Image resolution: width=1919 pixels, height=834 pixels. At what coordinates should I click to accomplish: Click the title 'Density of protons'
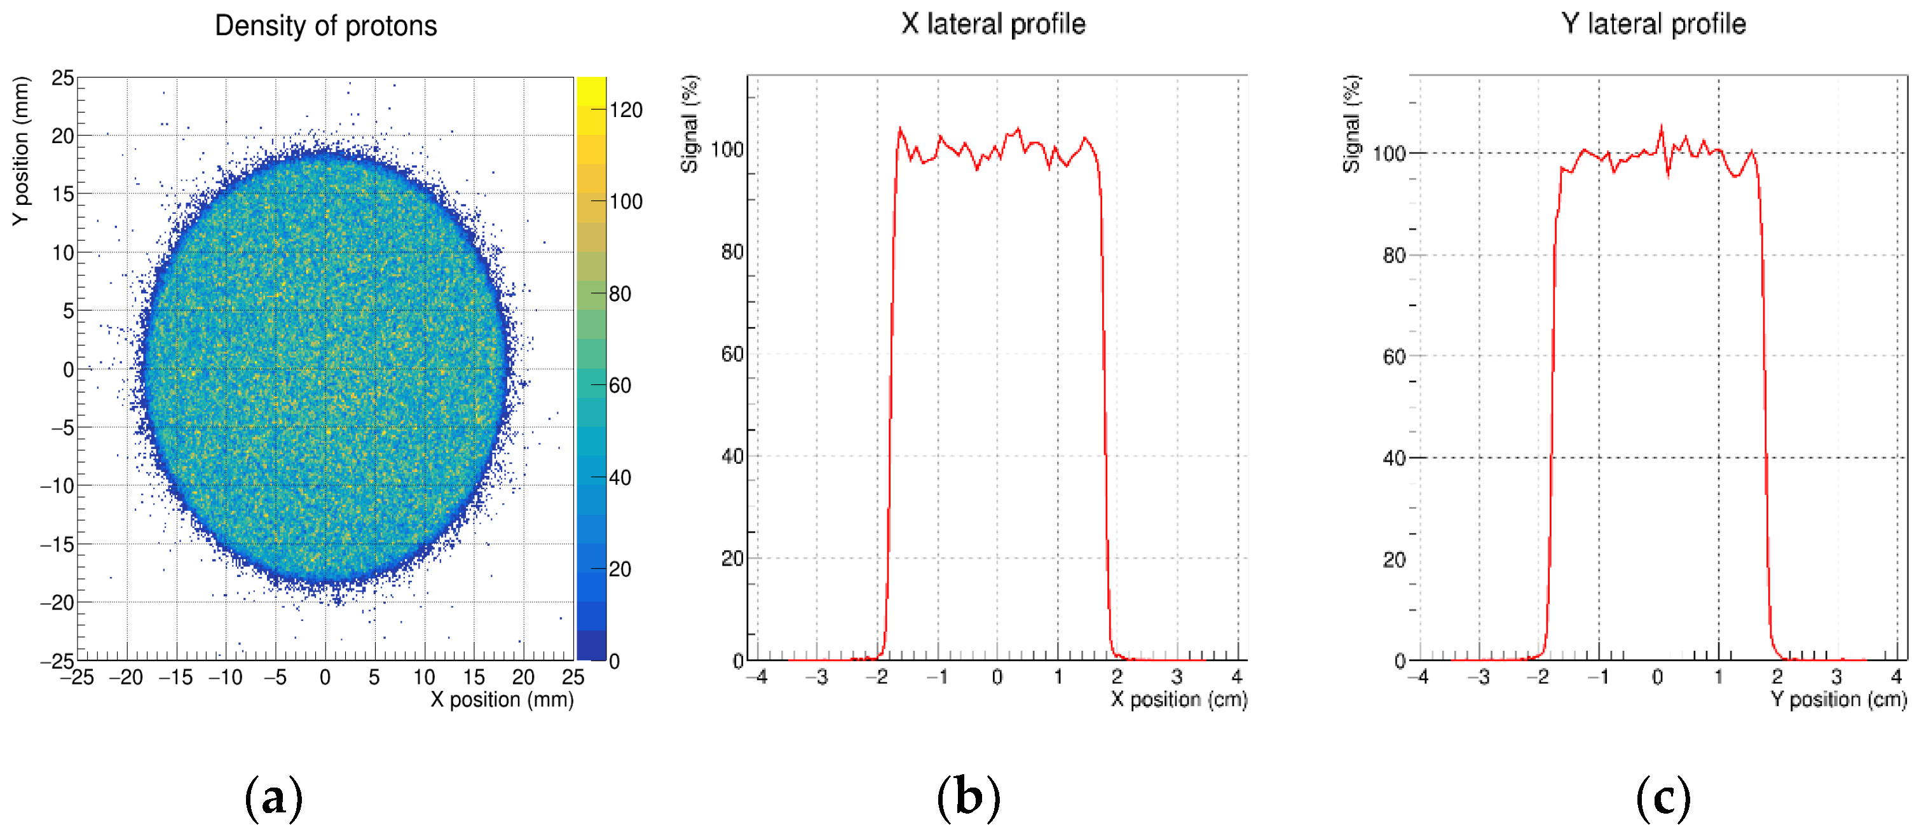(x=325, y=26)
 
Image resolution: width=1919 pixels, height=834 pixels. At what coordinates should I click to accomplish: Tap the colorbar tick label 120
(x=625, y=110)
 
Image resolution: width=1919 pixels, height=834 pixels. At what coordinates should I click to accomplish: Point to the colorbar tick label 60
(x=620, y=386)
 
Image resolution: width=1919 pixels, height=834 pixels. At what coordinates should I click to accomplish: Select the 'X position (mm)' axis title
(x=502, y=700)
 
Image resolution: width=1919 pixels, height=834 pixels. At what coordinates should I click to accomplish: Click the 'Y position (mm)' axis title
(x=21, y=151)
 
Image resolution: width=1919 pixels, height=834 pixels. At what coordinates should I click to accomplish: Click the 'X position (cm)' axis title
(x=1178, y=700)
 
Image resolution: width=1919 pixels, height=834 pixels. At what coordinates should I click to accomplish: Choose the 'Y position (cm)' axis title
(x=1838, y=700)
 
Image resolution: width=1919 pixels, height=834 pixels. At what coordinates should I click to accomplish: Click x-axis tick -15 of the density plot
(x=176, y=678)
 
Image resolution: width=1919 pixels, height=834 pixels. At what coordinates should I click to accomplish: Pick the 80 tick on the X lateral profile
(x=732, y=252)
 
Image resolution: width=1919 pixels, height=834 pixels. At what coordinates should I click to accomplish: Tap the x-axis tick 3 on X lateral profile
(x=1177, y=678)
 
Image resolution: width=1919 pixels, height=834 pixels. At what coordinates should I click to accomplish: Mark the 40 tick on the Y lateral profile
(x=1394, y=457)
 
